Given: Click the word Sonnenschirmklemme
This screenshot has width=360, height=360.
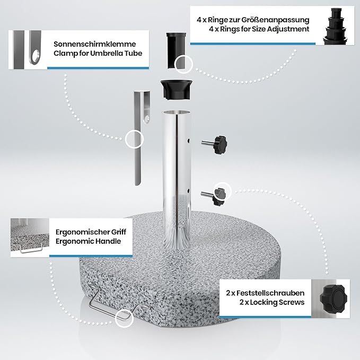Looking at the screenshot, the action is (94, 44).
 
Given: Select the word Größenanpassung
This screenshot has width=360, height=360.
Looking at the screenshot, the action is (275, 20).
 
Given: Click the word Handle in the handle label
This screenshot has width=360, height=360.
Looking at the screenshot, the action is (108, 241).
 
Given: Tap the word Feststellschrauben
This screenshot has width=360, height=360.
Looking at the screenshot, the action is (270, 293).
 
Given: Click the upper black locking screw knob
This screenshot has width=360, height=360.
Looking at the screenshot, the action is (220, 145).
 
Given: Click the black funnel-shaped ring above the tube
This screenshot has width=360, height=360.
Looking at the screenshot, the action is (177, 90).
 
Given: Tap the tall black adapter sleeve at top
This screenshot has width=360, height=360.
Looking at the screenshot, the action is (176, 50).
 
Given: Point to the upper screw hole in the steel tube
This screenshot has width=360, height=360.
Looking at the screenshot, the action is (189, 141).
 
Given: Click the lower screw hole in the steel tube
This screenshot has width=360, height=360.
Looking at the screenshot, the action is (189, 191).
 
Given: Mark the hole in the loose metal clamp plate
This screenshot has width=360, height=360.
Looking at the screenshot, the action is (147, 119).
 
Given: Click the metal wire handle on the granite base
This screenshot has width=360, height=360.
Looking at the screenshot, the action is (115, 303).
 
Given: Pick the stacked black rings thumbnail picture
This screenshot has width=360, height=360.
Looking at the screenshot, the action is (335, 26).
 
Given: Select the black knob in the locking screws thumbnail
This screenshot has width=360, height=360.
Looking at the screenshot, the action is (333, 298).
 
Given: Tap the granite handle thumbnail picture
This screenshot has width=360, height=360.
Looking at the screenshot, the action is (30, 238).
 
